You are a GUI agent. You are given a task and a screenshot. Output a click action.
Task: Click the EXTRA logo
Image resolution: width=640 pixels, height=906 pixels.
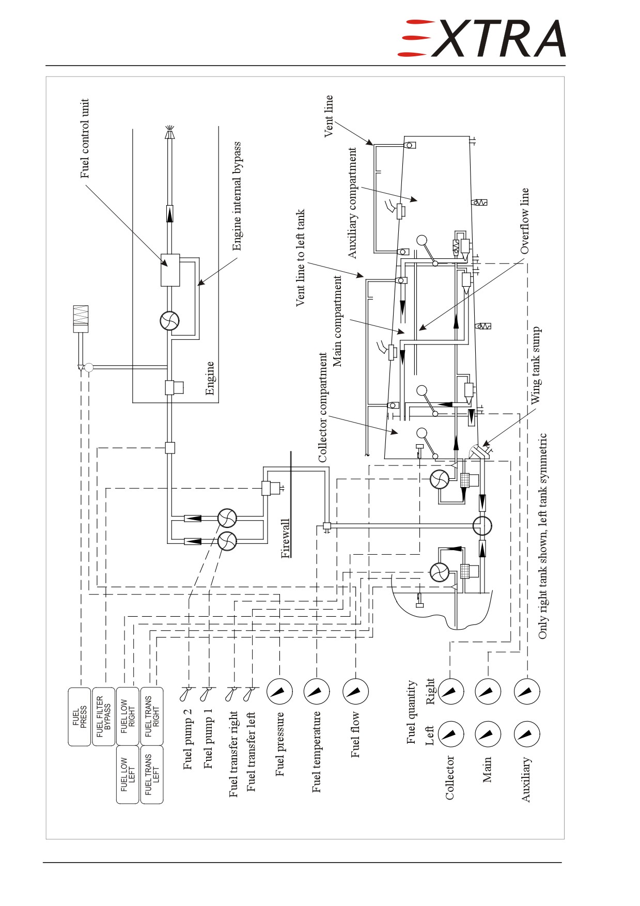481,38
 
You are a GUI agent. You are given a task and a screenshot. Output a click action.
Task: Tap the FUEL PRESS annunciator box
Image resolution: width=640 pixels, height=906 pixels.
80,716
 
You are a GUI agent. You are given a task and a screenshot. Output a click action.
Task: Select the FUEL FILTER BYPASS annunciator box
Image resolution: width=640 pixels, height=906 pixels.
103,716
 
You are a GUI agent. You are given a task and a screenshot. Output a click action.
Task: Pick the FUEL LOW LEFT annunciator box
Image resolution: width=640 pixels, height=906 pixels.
128,774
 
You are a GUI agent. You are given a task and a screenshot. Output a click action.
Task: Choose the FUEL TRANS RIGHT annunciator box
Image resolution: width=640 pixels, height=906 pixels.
152,716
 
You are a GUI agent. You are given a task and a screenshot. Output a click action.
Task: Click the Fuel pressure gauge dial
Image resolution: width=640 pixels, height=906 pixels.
279,691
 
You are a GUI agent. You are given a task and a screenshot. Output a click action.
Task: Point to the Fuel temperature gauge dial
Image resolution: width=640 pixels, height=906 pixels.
317,691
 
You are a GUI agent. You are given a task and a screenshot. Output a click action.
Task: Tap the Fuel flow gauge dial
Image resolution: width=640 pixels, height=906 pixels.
355,691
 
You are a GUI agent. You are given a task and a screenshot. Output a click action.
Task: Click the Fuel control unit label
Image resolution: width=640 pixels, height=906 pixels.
85,138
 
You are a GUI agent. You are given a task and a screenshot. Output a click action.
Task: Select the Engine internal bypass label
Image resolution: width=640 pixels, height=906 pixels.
237,196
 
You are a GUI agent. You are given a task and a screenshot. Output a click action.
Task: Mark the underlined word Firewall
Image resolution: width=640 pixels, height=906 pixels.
285,539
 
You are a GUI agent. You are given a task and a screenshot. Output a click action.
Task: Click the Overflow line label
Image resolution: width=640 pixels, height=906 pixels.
524,221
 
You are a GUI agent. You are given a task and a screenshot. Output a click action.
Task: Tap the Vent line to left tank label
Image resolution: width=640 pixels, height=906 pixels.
300,258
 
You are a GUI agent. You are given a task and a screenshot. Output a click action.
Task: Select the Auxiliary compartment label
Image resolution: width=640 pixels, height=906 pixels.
352,203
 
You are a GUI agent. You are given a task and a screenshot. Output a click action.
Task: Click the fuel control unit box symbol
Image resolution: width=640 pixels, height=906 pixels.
170,270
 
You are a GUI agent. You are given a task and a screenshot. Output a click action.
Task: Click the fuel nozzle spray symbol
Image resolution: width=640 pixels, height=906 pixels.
169,132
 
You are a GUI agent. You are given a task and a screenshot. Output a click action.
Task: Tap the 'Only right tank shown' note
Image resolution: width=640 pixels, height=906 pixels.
542,536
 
